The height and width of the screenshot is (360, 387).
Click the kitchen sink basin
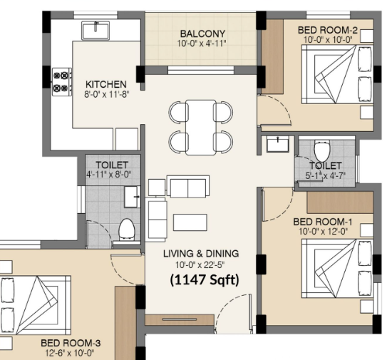pos(96,31)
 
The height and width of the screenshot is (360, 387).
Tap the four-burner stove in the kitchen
pos(62,82)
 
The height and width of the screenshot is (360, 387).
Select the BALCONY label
pos(202,34)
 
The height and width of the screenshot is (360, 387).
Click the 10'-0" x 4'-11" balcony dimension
pos(202,43)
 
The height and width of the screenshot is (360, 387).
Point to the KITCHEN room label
pos(106,84)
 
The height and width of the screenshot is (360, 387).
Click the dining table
pos(201,128)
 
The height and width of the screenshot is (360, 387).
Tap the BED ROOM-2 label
pos(328,30)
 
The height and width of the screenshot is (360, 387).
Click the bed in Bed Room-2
pos(337,74)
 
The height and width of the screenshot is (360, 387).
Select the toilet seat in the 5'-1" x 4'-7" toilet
pos(322,151)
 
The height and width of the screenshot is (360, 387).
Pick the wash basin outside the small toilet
pos(278,145)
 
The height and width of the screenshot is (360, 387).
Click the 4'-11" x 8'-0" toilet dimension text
pos(108,175)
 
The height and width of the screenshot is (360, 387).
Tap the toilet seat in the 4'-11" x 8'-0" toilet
pos(127,230)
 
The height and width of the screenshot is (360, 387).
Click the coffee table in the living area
pos(190,222)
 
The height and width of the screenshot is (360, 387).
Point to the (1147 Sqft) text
pos(205,279)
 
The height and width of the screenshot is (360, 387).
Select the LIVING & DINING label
pos(201,254)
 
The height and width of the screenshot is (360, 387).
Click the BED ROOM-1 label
pos(323,222)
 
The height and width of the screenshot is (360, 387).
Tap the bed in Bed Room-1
pos(337,268)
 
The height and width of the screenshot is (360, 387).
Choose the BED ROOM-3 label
pos(71,343)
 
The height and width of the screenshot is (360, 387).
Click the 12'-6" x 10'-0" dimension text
pos(70,354)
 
